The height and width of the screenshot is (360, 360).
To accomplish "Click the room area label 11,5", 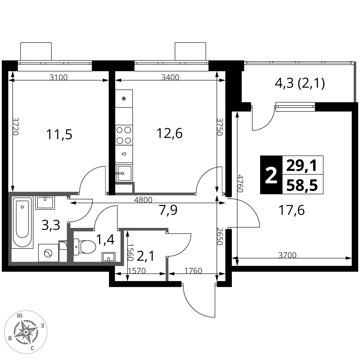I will click(x=59, y=135).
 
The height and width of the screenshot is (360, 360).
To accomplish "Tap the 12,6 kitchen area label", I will click(x=170, y=134).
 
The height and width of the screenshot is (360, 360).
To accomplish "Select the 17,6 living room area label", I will click(x=292, y=210).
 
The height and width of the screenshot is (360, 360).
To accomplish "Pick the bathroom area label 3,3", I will click(x=51, y=225).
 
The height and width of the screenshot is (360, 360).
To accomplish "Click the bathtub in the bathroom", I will click(x=22, y=222).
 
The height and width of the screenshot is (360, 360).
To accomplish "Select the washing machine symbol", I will click(x=49, y=253).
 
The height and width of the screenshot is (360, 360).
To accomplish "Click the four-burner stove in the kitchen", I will click(x=124, y=135).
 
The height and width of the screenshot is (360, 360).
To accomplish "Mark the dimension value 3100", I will click(x=58, y=77).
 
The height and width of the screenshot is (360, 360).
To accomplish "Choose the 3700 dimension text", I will click(x=287, y=255).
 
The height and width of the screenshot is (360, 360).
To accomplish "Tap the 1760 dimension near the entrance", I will click(x=193, y=271).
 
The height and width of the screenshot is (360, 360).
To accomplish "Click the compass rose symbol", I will click(x=25, y=332).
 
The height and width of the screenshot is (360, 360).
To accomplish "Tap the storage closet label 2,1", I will click(x=146, y=256).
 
